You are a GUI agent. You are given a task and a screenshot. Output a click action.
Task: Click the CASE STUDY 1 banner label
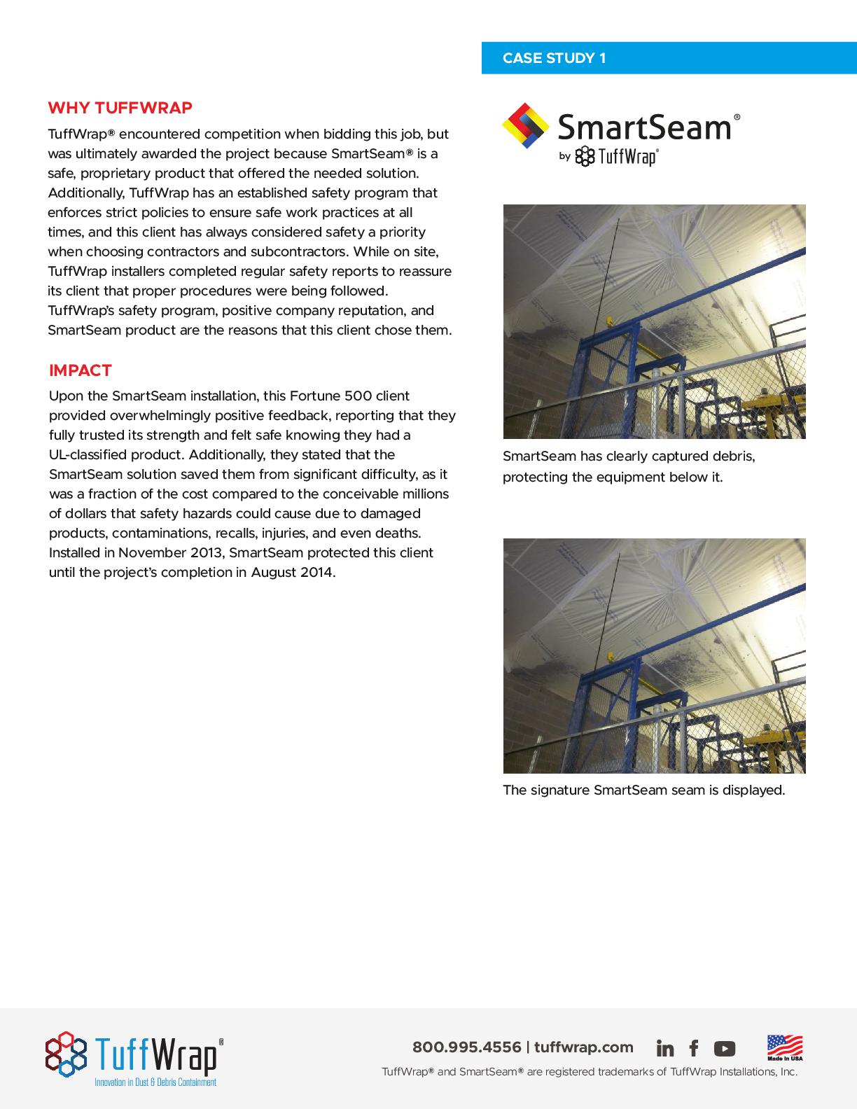point(554,58)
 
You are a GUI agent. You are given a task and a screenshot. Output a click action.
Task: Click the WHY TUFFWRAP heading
point(120,108)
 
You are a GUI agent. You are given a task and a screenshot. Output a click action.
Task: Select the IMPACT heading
point(81,370)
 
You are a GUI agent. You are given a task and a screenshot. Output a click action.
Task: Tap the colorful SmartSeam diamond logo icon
point(525,126)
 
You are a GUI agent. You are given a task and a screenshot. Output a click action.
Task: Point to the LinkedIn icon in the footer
point(665,1048)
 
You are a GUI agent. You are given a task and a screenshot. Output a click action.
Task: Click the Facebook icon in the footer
point(694,1048)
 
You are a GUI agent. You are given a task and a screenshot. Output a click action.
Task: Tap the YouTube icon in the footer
point(725,1048)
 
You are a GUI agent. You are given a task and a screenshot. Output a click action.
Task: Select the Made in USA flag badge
point(785,1047)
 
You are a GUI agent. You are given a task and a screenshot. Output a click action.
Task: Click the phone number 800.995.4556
point(466,1047)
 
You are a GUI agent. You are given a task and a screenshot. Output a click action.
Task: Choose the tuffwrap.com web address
point(583,1047)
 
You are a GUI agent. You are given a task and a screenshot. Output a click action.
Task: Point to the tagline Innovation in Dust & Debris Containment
point(155,1082)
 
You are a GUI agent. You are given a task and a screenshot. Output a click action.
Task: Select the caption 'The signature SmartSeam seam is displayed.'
point(643,790)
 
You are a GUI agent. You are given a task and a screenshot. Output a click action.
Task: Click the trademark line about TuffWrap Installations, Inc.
point(589,1071)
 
